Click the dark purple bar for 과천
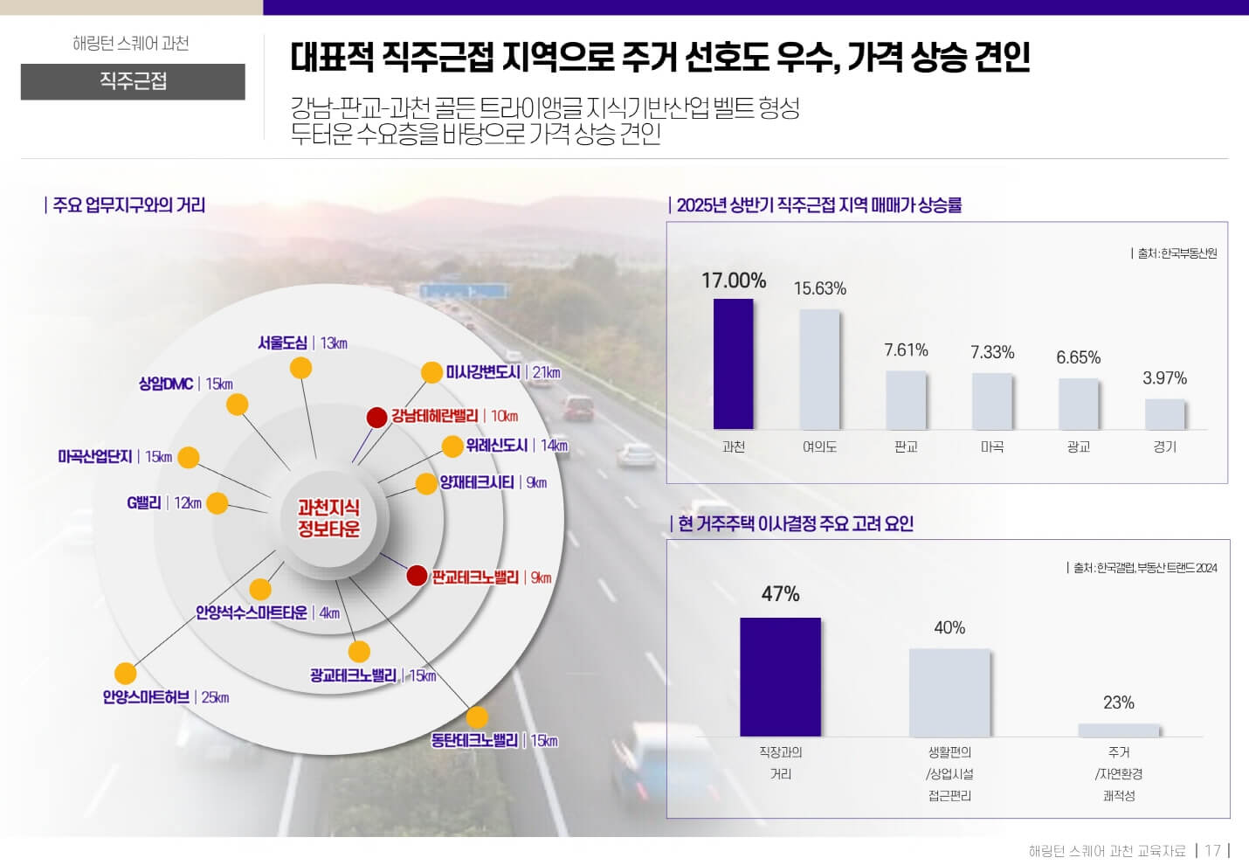[x=733, y=363]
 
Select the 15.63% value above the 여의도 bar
[x=819, y=288]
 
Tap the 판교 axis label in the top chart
[x=906, y=446]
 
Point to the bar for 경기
[x=1164, y=414]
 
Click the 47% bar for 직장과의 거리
[x=780, y=676]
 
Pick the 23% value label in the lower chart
[x=1118, y=702]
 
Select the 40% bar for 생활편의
[x=949, y=692]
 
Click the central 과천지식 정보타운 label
[x=328, y=518]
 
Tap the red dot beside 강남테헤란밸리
[x=376, y=418]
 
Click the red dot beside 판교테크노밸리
[x=417, y=576]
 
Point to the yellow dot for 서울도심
[x=300, y=368]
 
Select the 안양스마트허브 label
[x=146, y=697]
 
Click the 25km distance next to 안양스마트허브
[x=215, y=697]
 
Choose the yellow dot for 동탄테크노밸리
[x=477, y=717]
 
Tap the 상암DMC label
[x=166, y=384]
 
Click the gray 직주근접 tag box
[x=133, y=81]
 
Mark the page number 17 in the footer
[x=1212, y=850]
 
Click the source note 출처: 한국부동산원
[x=1176, y=253]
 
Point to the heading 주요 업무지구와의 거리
[x=128, y=205]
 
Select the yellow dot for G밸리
[x=217, y=503]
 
